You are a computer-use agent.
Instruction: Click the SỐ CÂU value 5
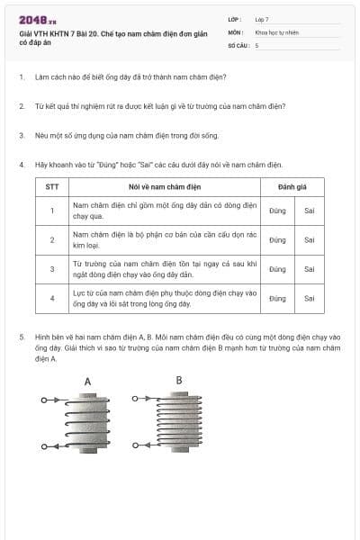click(x=256, y=44)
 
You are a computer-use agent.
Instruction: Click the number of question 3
click(x=21, y=136)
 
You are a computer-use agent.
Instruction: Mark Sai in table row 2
click(x=309, y=239)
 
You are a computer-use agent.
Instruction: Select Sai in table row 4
click(x=309, y=298)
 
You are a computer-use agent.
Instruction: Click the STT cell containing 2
click(x=52, y=239)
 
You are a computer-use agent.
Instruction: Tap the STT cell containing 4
click(x=52, y=298)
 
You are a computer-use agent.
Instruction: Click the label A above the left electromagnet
click(x=87, y=382)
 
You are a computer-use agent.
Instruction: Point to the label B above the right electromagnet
click(x=178, y=380)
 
